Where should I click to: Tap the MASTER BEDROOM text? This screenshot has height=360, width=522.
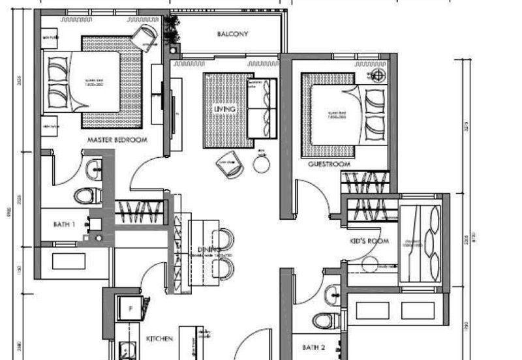pos(117,140)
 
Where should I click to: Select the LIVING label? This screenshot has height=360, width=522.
pos(224,110)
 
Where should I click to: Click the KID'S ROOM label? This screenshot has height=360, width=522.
pos(369,241)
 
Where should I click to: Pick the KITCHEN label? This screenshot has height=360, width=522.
pos(159,339)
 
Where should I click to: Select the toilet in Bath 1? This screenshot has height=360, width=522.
pos(86,195)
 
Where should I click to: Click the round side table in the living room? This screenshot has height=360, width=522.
pos(262,164)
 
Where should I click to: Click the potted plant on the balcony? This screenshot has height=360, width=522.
pos(173,29)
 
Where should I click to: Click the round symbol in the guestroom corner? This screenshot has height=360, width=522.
pos(376,75)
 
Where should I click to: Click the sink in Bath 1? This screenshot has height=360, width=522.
pos(95,169)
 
